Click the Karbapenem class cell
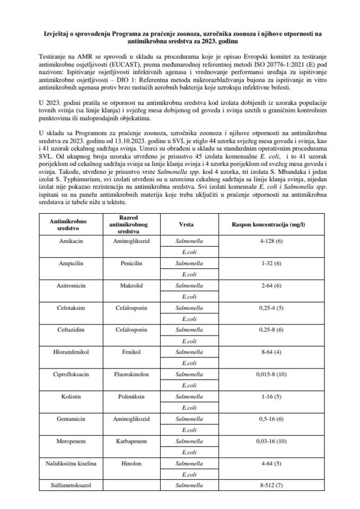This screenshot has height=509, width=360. (x=130, y=441)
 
